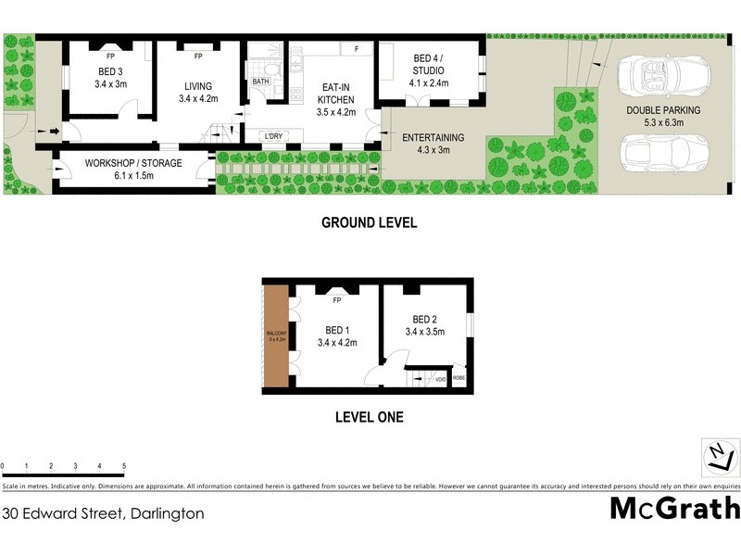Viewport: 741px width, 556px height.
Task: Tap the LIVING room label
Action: [198, 92]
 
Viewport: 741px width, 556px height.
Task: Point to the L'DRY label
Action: [273, 137]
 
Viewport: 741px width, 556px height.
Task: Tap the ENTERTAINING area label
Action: [432, 144]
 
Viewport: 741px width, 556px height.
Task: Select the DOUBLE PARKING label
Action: [662, 115]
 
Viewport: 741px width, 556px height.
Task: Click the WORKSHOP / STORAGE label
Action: [133, 170]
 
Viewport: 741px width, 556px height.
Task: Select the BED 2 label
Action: [425, 325]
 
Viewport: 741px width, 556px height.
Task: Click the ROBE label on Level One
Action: [458, 378]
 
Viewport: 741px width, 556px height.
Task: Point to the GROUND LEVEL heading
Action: [369, 222]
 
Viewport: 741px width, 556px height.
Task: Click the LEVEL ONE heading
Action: [369, 417]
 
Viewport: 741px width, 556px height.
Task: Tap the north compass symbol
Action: [718, 455]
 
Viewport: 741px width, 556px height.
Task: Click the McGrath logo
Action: [674, 509]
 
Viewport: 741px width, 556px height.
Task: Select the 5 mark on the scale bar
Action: [123, 466]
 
